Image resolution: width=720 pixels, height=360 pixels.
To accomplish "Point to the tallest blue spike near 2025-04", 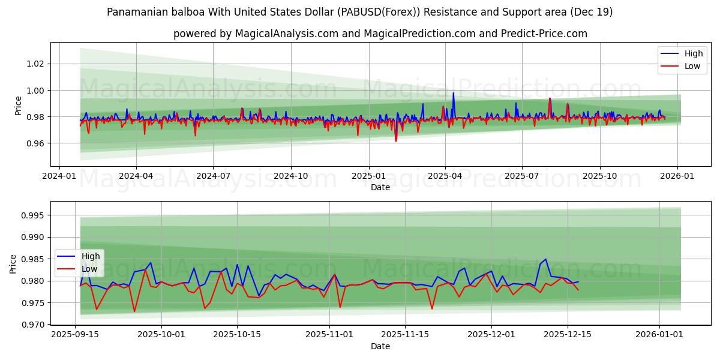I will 453,93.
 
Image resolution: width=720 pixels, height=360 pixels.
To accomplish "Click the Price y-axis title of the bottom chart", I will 13,264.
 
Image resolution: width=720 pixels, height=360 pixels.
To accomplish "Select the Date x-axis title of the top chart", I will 380,187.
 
